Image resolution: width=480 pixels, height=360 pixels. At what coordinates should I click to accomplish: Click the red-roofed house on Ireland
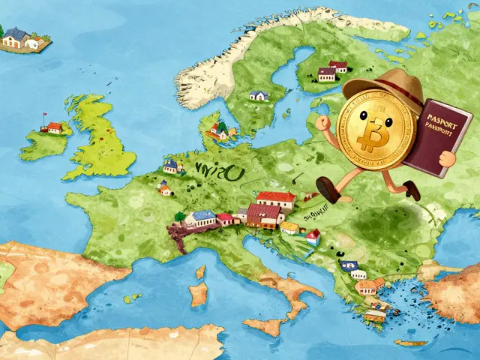[53, 127]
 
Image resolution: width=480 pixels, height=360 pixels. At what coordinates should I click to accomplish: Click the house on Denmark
[218, 130]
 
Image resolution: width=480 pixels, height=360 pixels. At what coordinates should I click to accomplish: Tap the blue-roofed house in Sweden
[259, 95]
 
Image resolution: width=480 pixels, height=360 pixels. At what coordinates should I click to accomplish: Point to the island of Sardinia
[199, 293]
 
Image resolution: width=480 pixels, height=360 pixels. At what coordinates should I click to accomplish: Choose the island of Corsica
[201, 269]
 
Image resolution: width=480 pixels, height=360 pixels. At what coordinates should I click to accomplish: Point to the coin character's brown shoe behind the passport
[412, 190]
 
